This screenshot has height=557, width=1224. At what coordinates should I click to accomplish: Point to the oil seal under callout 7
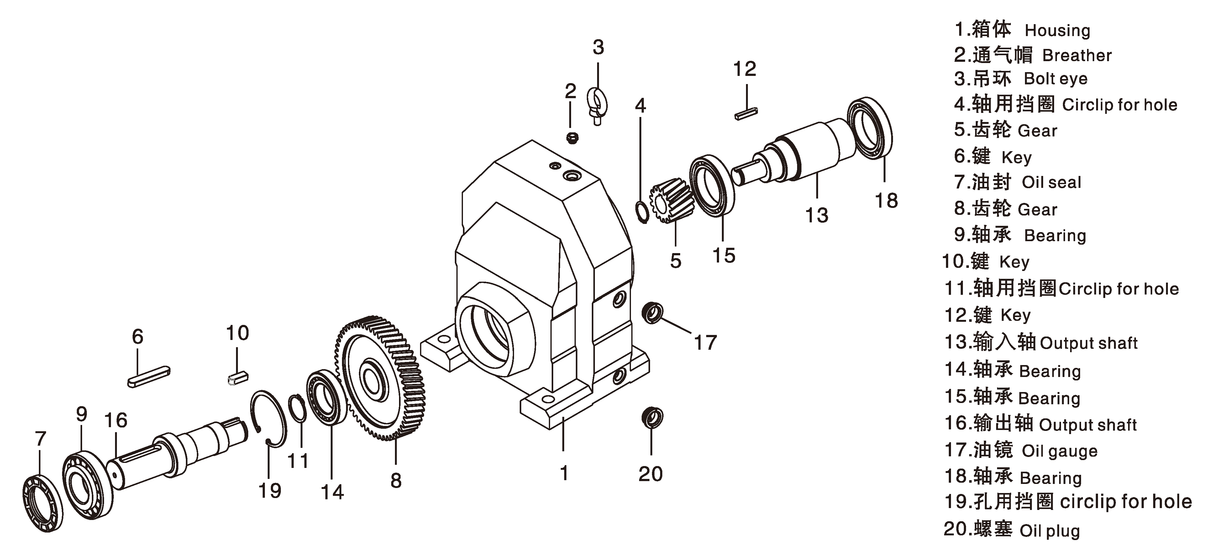point(42,503)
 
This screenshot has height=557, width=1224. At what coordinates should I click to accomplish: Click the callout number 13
point(816,215)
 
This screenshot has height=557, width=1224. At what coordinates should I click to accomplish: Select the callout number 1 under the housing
point(564,473)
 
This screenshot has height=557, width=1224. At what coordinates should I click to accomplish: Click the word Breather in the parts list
point(1077,56)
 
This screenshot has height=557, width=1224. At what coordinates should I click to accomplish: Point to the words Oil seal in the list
point(1051,183)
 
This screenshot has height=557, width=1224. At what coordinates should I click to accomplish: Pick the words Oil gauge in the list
point(1059,451)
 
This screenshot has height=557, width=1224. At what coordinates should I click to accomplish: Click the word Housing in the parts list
point(1057,30)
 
